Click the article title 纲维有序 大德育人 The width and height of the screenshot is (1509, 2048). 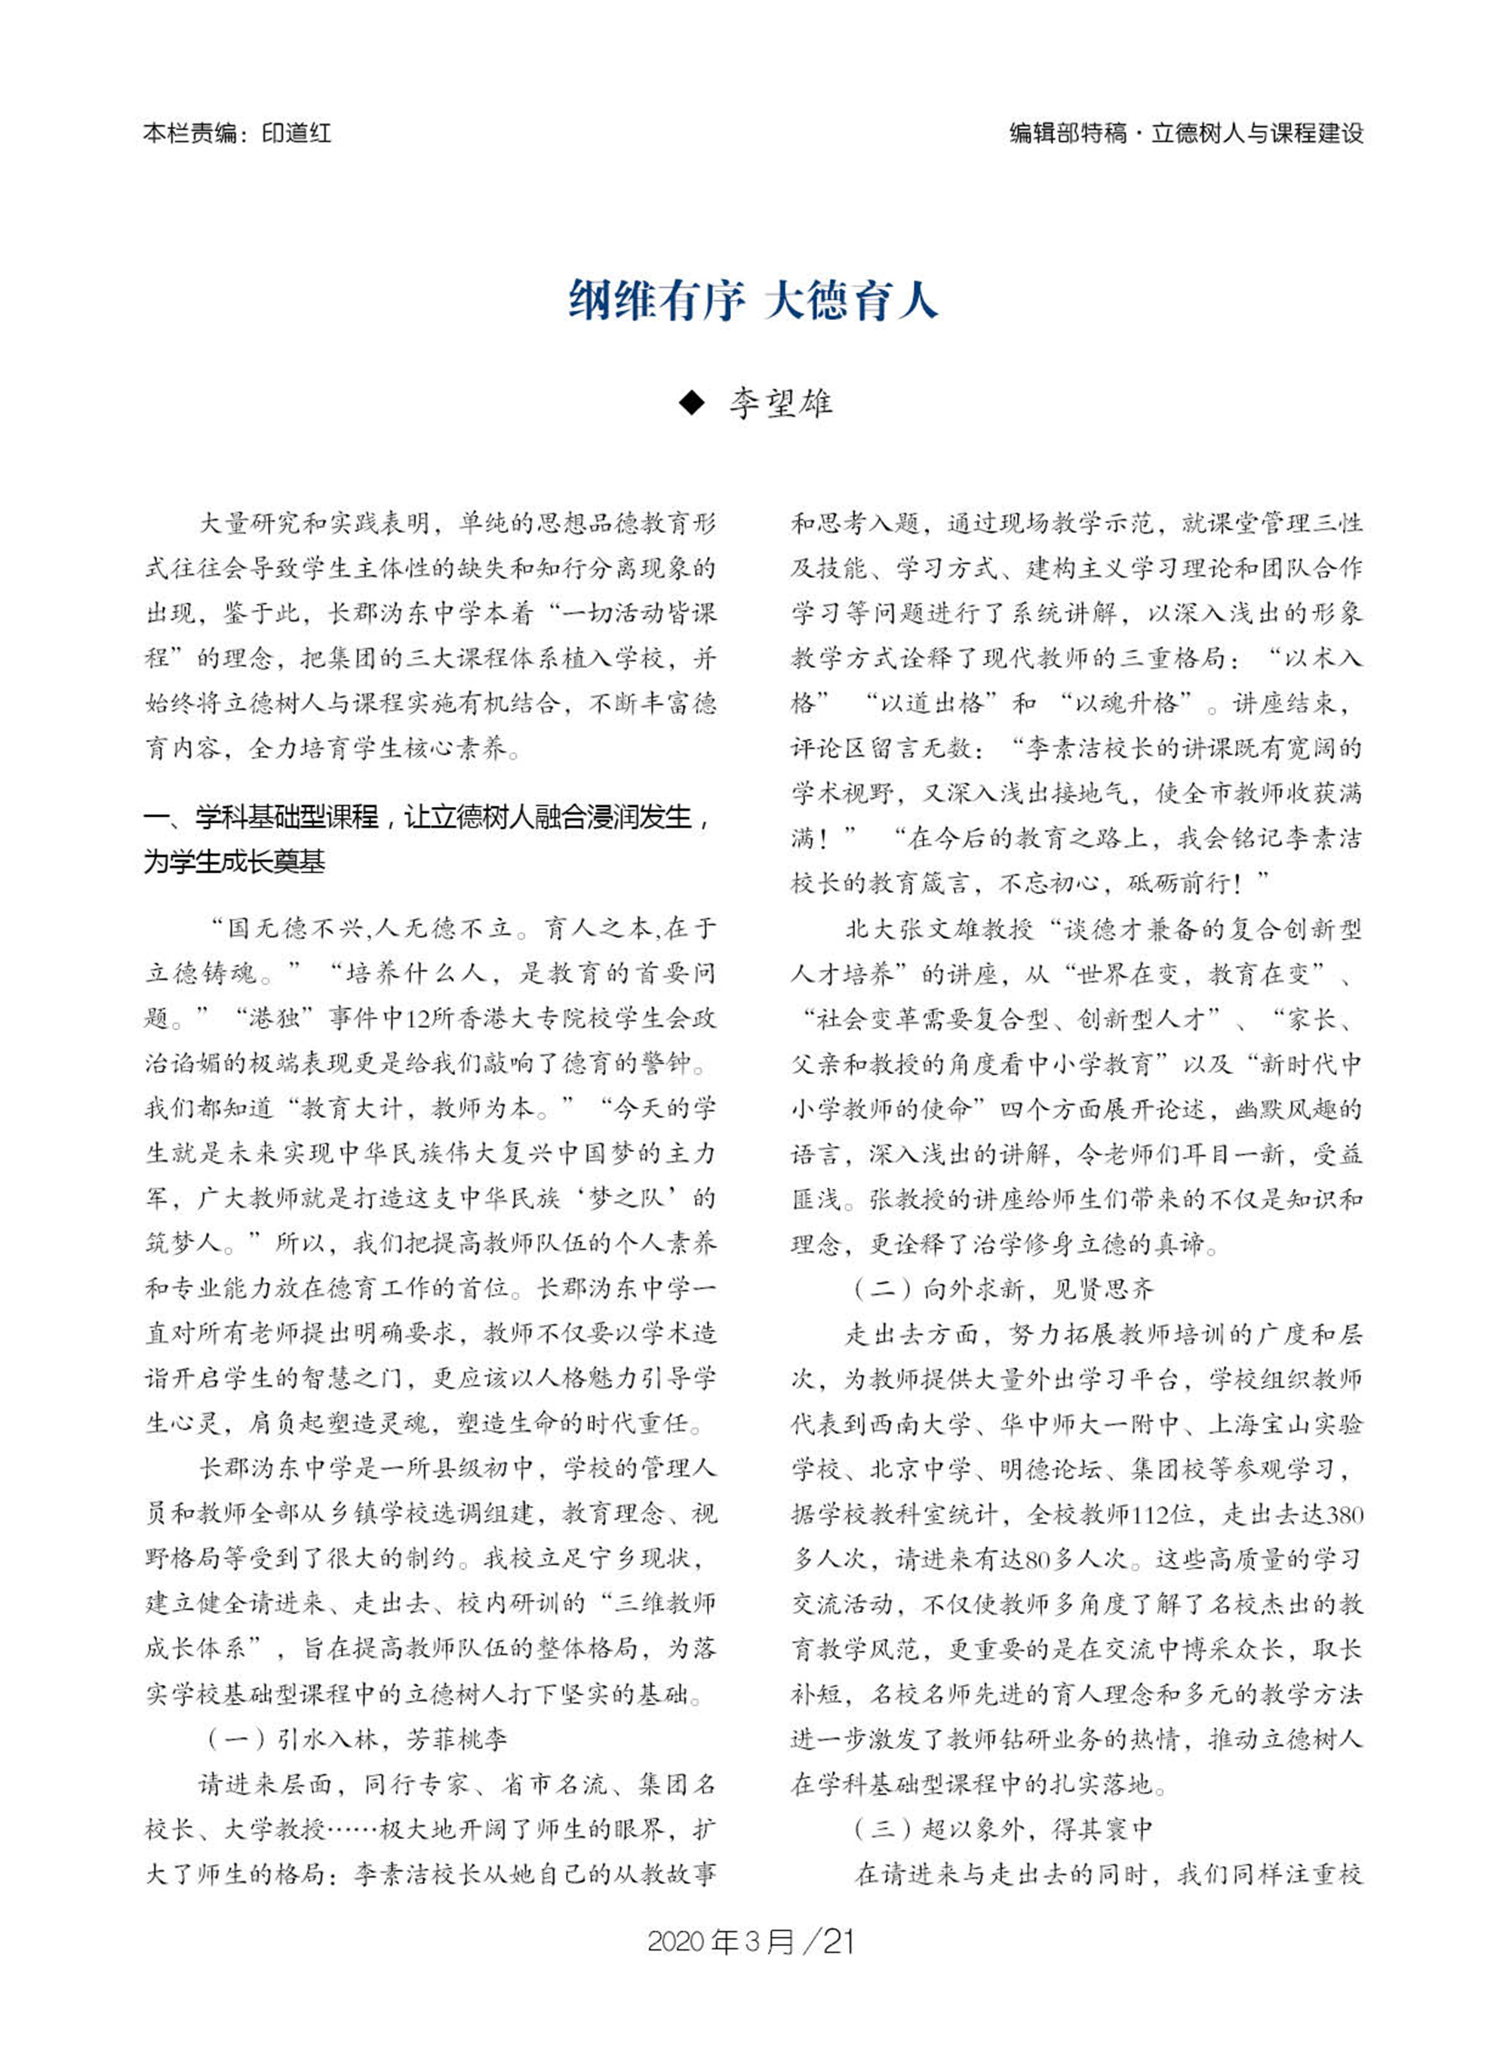pyautogui.click(x=754, y=300)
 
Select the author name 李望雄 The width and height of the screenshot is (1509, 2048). pyautogui.click(x=781, y=403)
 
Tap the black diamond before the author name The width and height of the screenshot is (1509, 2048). pyautogui.click(x=693, y=403)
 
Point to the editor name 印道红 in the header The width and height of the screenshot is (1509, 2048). pyautogui.click(x=296, y=134)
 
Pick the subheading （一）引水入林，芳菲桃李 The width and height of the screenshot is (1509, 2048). pyautogui.click(x=357, y=1738)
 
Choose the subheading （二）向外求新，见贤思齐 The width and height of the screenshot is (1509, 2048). pyautogui.click(x=1004, y=1289)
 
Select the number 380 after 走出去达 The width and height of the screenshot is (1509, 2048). pyautogui.click(x=1340, y=1514)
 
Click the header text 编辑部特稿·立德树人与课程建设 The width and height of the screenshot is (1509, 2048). pyautogui.click(x=1185, y=134)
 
